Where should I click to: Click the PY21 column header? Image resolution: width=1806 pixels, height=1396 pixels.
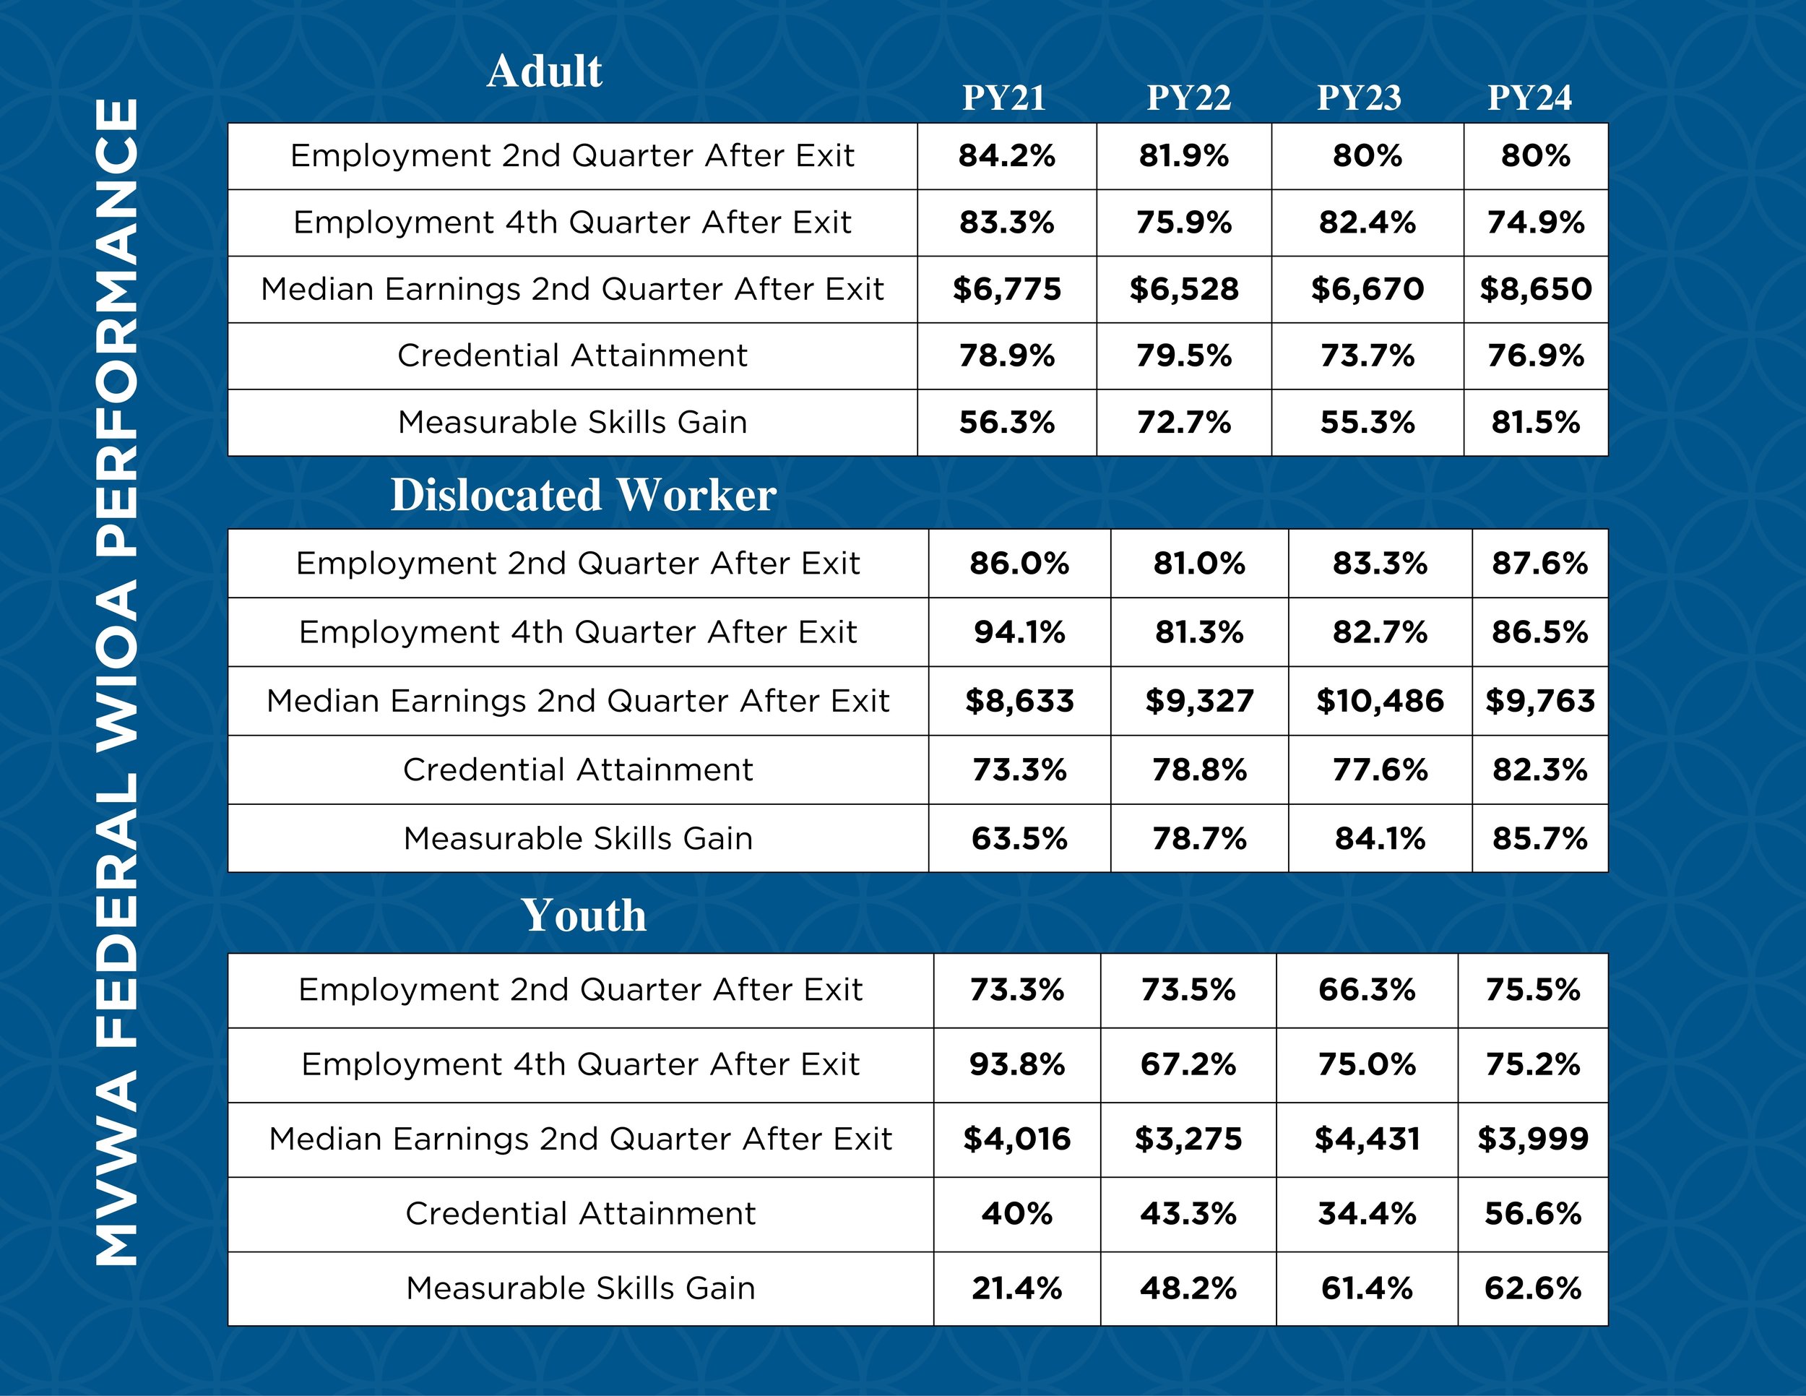pyautogui.click(x=1003, y=98)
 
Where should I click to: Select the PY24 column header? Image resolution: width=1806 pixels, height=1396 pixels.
pyautogui.click(x=1529, y=98)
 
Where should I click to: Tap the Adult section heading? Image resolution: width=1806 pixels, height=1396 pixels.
pyautogui.click(x=544, y=71)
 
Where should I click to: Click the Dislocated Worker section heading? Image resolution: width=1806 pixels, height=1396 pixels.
pyautogui.click(x=583, y=496)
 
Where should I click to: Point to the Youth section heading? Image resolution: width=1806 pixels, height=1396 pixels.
pyautogui.click(x=583, y=915)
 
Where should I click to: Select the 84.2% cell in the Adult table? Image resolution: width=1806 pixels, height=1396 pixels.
pyautogui.click(x=1006, y=155)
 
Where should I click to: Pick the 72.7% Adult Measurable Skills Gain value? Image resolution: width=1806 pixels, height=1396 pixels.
pyautogui.click(x=1183, y=423)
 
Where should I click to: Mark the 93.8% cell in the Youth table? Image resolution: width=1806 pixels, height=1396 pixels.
pyautogui.click(x=1016, y=1064)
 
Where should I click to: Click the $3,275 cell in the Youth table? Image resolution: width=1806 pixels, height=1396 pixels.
pyautogui.click(x=1188, y=1139)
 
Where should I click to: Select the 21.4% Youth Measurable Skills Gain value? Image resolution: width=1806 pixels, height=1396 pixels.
pyautogui.click(x=1016, y=1288)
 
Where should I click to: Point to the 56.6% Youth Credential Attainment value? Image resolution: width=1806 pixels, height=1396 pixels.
pyautogui.click(x=1532, y=1214)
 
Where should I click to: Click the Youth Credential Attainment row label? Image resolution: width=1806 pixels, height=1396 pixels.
pyautogui.click(x=581, y=1214)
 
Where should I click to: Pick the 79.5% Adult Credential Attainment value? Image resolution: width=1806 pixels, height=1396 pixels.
pyautogui.click(x=1183, y=356)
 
